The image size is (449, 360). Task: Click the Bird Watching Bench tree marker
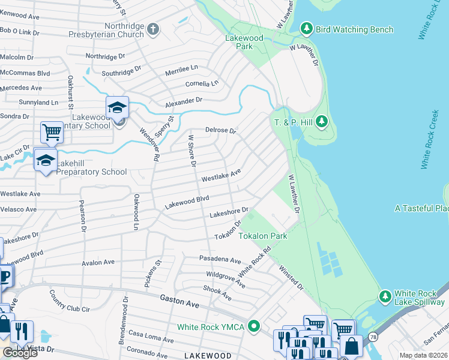tap(307, 29)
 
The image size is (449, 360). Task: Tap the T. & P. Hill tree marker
tap(322, 122)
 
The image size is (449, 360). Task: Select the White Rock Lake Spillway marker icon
tap(385, 296)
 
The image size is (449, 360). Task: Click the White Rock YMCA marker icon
tap(255, 327)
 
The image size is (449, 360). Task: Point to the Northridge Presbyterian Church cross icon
tap(153, 29)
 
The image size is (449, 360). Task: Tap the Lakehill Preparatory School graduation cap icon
tap(45, 160)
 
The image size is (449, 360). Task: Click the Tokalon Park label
tap(263, 236)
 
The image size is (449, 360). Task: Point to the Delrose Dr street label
tap(221, 130)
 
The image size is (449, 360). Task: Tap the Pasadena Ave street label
tap(220, 260)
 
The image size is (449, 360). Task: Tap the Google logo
tap(19, 353)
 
